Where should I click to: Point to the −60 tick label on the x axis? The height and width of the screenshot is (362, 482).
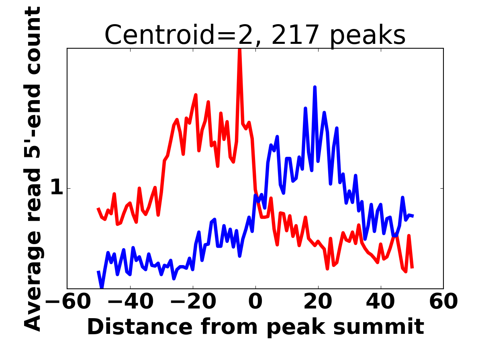click(x=67, y=302)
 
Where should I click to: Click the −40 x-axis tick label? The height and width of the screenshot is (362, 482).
click(x=130, y=302)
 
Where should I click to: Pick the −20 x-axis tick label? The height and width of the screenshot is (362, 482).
click(x=192, y=302)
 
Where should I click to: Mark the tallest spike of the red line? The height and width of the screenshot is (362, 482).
click(x=240, y=50)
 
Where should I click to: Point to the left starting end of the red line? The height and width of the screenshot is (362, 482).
click(x=98, y=208)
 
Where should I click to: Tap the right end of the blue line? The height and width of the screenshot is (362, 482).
click(x=413, y=216)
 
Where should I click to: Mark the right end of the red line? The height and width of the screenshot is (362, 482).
click(x=412, y=267)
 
